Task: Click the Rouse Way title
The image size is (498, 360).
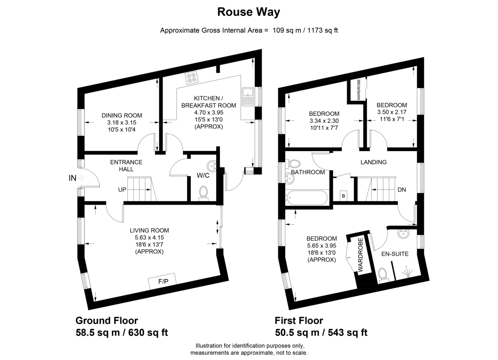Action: pyautogui.click(x=249, y=12)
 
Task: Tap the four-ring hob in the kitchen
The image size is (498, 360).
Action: pyautogui.click(x=191, y=78)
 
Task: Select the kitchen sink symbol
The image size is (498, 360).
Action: pyautogui.click(x=248, y=97)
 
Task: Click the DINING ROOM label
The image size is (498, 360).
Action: pyautogui.click(x=122, y=115)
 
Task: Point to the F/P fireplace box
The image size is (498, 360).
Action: pyautogui.click(x=162, y=281)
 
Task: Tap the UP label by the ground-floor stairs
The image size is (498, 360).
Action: pyautogui.click(x=122, y=190)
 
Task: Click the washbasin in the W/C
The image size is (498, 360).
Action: pyautogui.click(x=212, y=166)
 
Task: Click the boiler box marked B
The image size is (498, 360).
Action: pyautogui.click(x=344, y=196)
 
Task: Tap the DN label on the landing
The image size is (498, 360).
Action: pyautogui.click(x=402, y=190)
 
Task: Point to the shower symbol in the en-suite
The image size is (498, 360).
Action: pyautogui.click(x=407, y=272)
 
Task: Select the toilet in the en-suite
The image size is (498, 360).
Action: pyautogui.click(x=383, y=276)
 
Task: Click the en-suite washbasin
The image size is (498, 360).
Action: pyautogui.click(x=403, y=234)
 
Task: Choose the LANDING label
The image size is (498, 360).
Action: pyautogui.click(x=373, y=162)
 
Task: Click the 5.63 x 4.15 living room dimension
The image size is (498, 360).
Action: pyautogui.click(x=149, y=238)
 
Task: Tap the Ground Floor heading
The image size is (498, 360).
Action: pyautogui.click(x=107, y=321)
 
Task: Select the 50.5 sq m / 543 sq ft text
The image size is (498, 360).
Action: pyautogui.click(x=321, y=333)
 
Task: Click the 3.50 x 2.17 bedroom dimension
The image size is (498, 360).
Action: pyautogui.click(x=392, y=112)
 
